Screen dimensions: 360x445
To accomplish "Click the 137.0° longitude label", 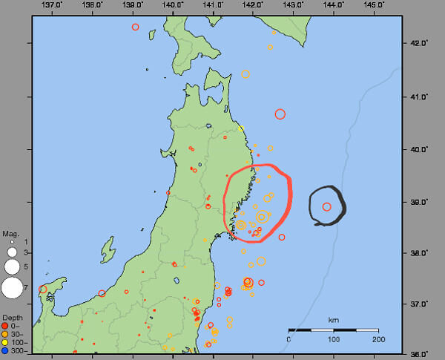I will click(52, 5).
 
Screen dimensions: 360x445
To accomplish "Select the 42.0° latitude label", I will click(420, 44).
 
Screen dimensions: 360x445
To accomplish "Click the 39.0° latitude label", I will click(420, 201).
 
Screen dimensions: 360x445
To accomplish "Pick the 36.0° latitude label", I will click(420, 354).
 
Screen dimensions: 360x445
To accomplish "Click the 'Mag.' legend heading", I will click(10, 234).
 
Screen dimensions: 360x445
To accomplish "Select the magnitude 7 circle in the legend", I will click(12, 287).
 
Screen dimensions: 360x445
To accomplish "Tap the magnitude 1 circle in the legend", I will click(12, 242).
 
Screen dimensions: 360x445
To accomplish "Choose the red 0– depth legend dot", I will click(5, 326).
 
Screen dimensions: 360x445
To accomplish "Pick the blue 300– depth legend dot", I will click(5, 350).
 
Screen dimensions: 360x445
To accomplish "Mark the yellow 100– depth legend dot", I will click(5, 342).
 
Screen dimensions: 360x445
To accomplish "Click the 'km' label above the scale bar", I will click(334, 320).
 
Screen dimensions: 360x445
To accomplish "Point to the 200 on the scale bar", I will click(380, 339).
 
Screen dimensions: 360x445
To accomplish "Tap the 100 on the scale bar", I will click(334, 339).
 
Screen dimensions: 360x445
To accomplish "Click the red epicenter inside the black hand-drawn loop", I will click(327, 206).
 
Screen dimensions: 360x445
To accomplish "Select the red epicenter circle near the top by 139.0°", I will click(135, 27).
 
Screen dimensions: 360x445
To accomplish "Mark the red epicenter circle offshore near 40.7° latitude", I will click(280, 114).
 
